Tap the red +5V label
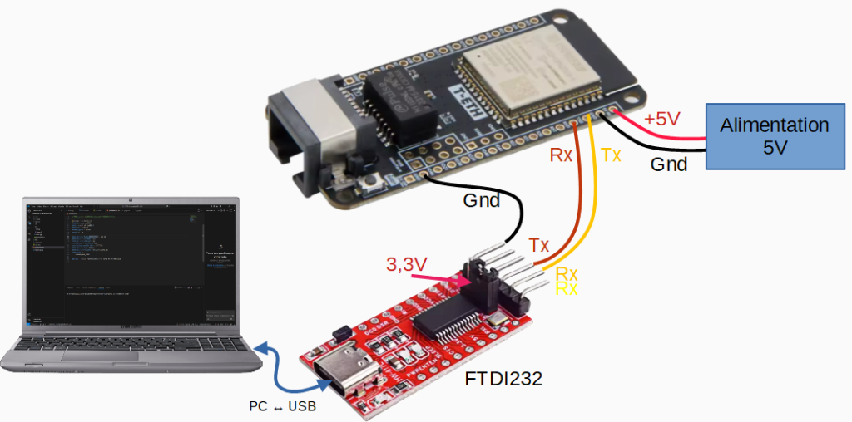[x=661, y=119]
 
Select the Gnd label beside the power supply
[x=669, y=164]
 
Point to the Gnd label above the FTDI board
[x=481, y=200]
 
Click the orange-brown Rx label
[x=561, y=155]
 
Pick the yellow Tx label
[x=611, y=155]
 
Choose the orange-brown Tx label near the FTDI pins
[x=539, y=245]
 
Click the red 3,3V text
[x=407, y=265]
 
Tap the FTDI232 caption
[x=503, y=380]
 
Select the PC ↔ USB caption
[x=283, y=407]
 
